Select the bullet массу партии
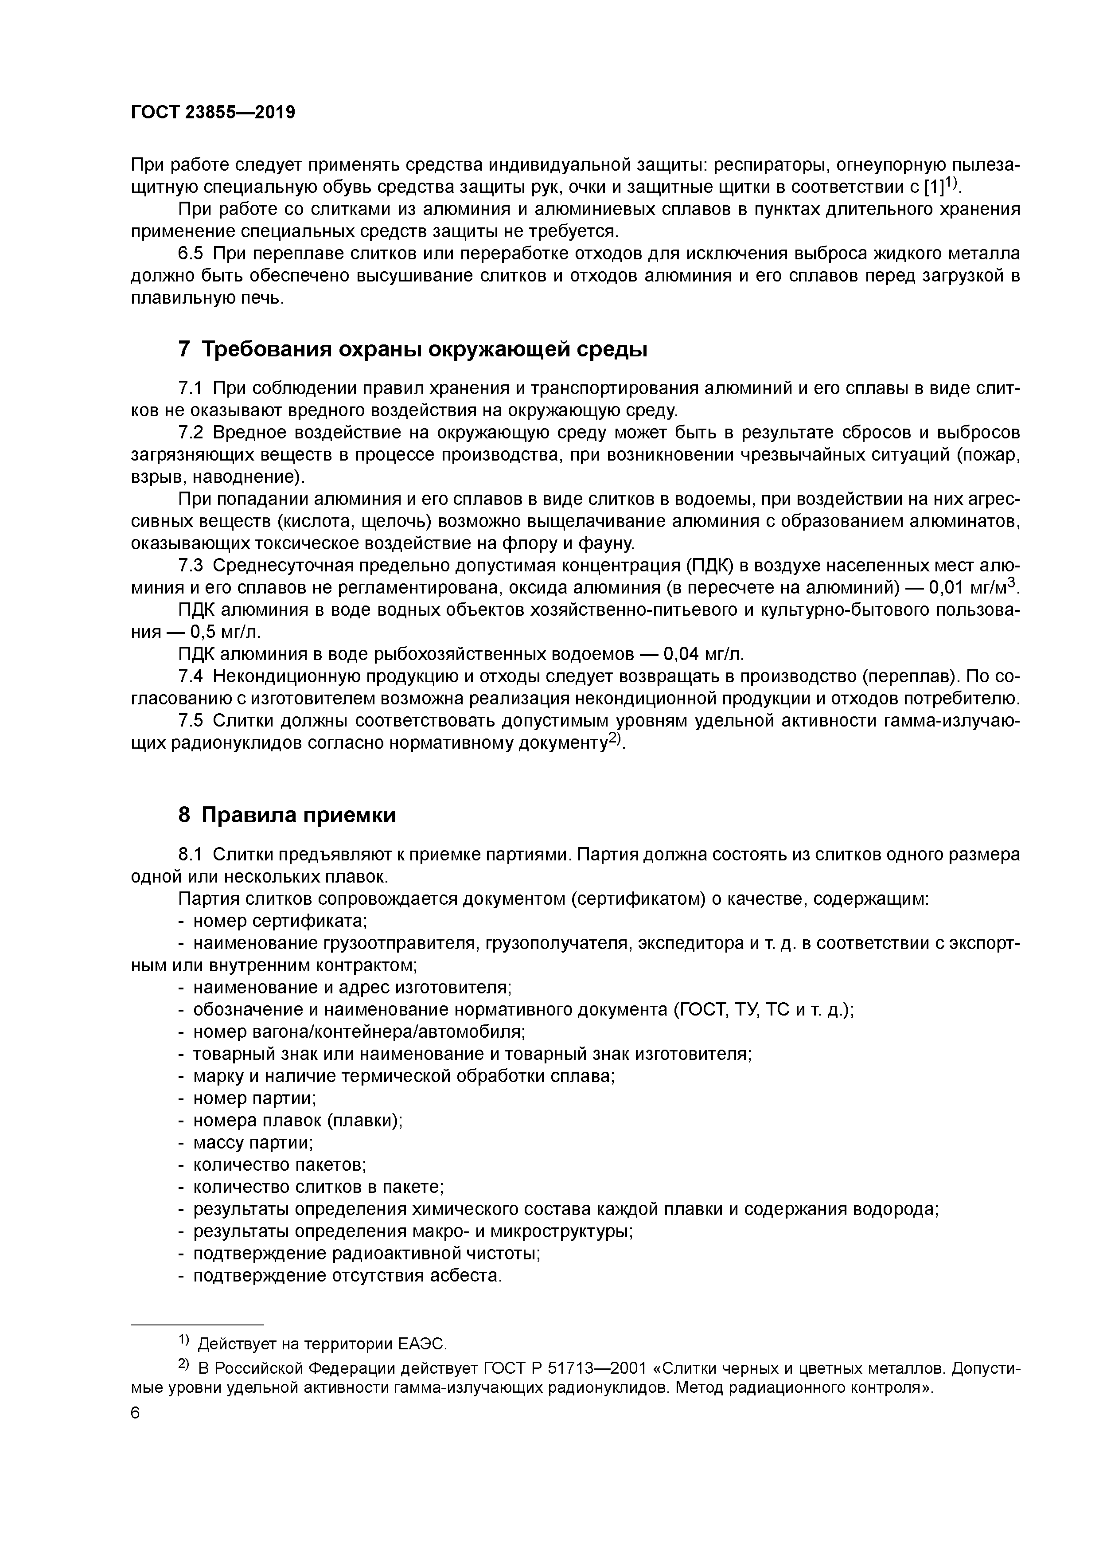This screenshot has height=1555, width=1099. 253,1143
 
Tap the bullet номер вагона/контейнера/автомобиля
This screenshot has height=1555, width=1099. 359,1031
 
